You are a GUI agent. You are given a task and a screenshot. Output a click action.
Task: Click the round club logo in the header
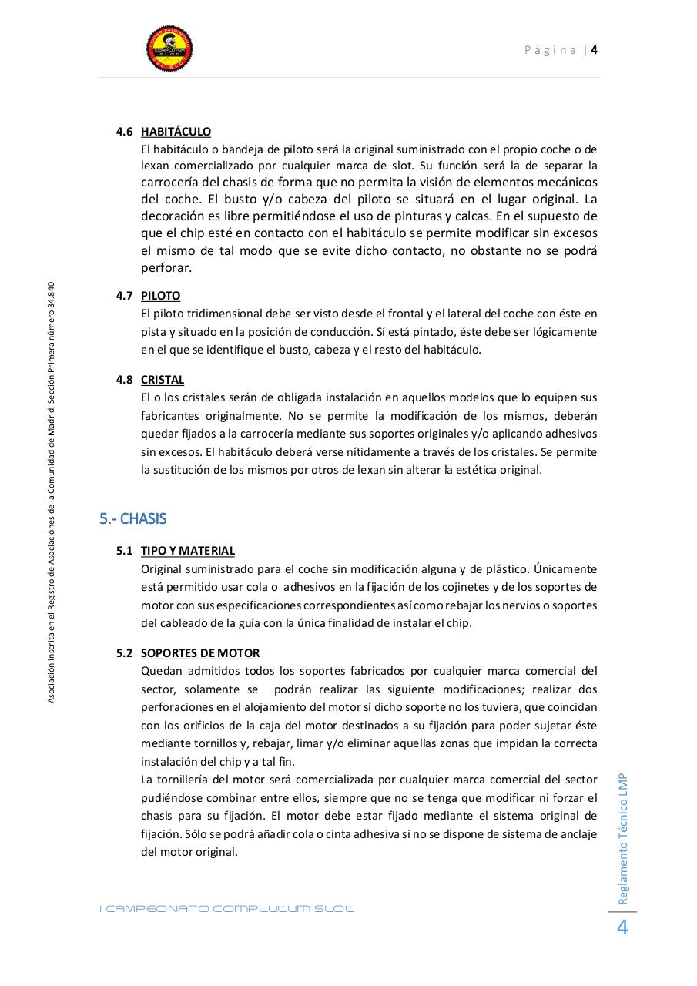pos(169,49)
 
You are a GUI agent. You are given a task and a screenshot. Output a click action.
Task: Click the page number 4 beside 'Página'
pos(595,50)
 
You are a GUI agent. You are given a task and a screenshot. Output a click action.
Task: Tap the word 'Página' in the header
pos(551,50)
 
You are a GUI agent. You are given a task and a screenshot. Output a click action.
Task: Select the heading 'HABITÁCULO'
pos(176,132)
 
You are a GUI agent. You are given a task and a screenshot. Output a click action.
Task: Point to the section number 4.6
pos(124,132)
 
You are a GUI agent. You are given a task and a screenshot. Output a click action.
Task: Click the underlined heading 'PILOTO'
pos(160,296)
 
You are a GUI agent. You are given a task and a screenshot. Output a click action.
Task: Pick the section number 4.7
pos(124,296)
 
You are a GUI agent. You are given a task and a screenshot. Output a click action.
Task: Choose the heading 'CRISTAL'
pos(162,380)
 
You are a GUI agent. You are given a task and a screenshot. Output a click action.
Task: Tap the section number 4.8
pos(124,380)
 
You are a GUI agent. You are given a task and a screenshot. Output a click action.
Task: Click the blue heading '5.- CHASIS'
pos(132,518)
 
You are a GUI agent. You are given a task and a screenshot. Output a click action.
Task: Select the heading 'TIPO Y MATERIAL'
pos(187,551)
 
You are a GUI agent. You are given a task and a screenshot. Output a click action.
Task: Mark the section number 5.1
pos(124,551)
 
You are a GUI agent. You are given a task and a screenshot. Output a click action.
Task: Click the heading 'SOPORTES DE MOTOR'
pos(199,653)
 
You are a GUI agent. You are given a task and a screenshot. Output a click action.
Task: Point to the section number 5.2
pos(124,653)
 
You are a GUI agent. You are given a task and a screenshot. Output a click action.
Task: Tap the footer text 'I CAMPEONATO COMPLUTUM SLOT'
pos(226,909)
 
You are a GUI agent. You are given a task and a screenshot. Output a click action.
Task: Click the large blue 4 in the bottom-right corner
pos(622,928)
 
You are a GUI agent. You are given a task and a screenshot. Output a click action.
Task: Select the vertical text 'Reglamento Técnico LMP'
pos(623,838)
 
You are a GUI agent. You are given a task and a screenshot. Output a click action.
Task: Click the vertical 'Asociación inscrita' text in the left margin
pos(51,493)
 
